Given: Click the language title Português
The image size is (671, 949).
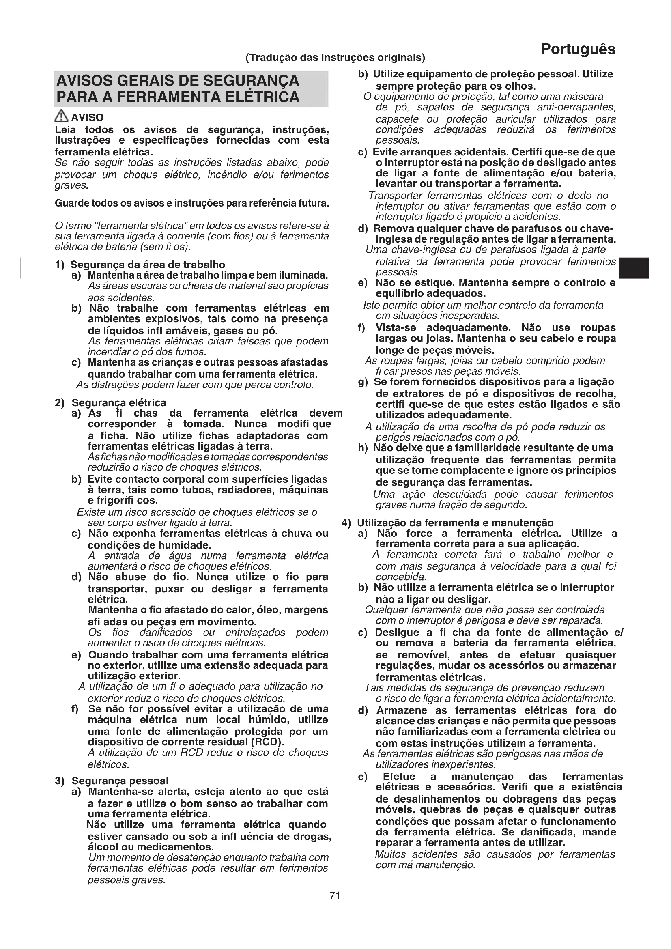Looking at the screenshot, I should (x=578, y=49).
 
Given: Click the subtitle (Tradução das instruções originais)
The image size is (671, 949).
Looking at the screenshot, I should (x=335, y=57).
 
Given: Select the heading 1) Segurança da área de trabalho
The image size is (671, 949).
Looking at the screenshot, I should (x=140, y=265).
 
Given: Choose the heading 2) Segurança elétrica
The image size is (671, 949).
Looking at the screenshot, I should (x=111, y=402).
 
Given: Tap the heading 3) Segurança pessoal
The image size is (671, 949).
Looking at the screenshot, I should (x=112, y=780).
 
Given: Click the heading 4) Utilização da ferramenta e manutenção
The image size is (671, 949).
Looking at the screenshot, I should (x=448, y=523).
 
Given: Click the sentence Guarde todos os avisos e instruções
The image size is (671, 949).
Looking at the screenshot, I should (x=192, y=203).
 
